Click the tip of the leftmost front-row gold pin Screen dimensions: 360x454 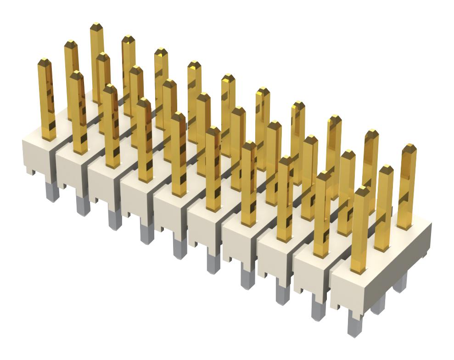point(44,61)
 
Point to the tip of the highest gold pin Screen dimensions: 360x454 point(96,25)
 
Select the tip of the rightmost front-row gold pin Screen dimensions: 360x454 point(363,189)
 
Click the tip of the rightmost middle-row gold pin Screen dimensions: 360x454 point(386,168)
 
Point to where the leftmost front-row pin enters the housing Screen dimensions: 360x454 point(49,138)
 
